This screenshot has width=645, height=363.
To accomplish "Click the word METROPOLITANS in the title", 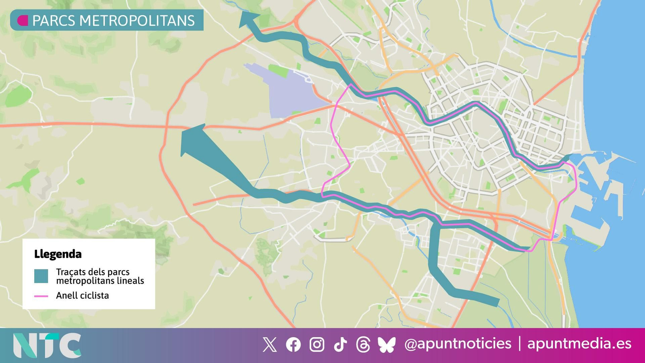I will tap(137, 21).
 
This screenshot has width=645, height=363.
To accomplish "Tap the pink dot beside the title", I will tap(23, 21).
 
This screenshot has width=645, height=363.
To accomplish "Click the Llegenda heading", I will tap(58, 254).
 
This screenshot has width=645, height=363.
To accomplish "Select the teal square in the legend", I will tap(41, 276).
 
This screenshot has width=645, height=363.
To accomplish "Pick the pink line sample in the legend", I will tap(41, 296).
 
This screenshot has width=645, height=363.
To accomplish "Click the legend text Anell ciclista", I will tap(82, 296).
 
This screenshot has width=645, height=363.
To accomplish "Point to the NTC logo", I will tap(47, 345).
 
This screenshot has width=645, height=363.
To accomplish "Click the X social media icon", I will tap(270, 345).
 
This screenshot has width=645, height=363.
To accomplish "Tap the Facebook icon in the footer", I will tap(293, 345).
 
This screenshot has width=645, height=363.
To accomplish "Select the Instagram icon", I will tap(317, 345).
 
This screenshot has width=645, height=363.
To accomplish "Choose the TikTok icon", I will tap(340, 345).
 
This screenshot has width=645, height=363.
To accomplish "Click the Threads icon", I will tap(363, 345).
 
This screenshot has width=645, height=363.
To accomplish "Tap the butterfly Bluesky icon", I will tap(387, 345).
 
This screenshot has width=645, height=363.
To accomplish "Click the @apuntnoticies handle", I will tap(458, 344).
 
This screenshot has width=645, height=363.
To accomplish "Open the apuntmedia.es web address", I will tap(579, 344).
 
